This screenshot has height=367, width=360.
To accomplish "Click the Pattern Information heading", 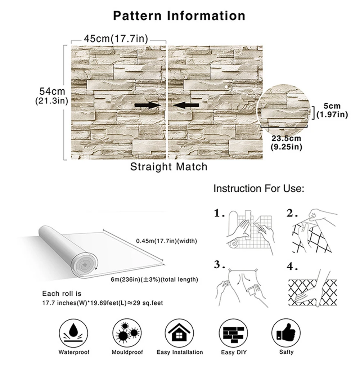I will pos(179,16).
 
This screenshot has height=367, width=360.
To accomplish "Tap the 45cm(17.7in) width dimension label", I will pos(116,38).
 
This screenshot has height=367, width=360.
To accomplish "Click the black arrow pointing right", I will pos(147,105).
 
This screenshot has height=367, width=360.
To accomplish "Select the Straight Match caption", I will pos(169,167).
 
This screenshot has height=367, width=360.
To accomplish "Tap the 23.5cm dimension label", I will pos(287,139).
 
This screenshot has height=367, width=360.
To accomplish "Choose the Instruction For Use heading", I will pos(259,188).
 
